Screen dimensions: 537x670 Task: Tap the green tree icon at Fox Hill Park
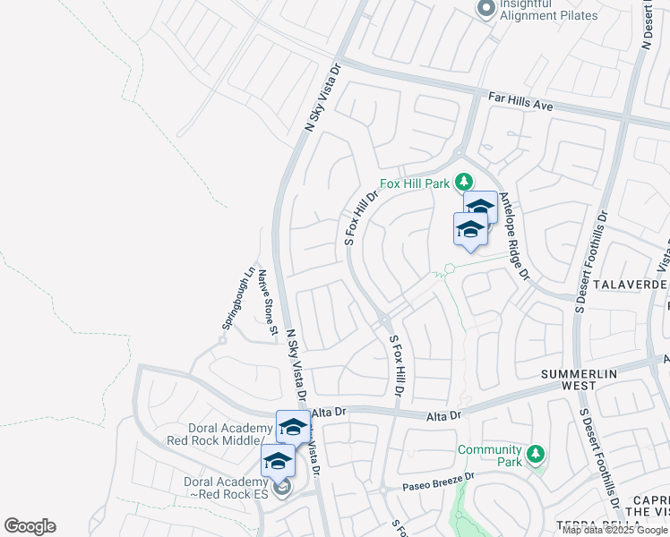click(464, 183)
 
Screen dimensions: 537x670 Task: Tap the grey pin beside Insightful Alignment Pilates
click(485, 9)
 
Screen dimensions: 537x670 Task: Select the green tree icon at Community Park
click(535, 455)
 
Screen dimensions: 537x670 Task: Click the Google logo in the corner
click(30, 526)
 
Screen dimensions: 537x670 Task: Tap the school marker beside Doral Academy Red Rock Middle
click(293, 427)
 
